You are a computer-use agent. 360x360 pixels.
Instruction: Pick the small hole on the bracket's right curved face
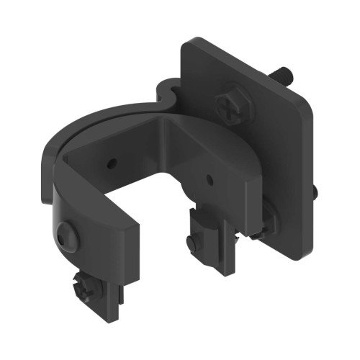coord(209,177)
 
